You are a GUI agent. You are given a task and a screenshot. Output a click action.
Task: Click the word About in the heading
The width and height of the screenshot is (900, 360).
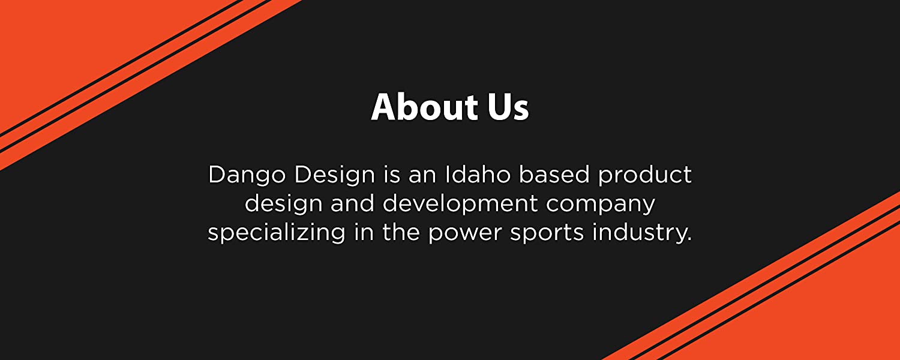(x=424, y=107)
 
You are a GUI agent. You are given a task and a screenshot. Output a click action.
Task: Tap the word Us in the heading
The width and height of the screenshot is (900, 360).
(x=508, y=107)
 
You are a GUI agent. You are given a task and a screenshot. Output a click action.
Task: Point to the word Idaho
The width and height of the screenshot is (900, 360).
(x=478, y=175)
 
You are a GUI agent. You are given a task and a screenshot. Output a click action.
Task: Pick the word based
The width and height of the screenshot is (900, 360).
(x=554, y=175)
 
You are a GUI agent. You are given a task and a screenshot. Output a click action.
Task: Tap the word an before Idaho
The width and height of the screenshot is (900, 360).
(x=422, y=177)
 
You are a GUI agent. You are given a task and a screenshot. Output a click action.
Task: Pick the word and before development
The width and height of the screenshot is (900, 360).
(x=352, y=204)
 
